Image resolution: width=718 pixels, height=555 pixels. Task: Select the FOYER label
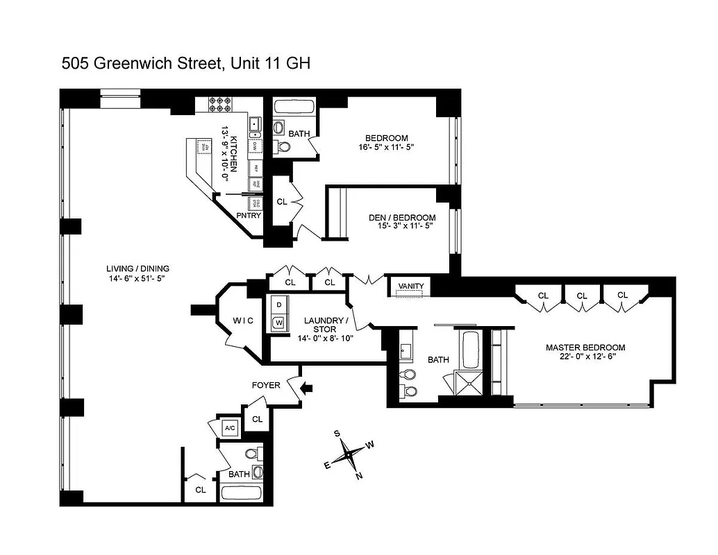(266, 385)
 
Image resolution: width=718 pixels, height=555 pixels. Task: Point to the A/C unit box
(230, 428)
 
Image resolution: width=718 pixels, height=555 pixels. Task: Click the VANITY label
(411, 286)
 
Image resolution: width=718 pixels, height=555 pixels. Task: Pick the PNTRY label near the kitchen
(249, 216)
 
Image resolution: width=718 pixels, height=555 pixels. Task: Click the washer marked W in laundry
(278, 322)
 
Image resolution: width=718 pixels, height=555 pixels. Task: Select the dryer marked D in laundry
(278, 305)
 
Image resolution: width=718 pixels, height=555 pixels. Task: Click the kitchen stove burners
(220, 104)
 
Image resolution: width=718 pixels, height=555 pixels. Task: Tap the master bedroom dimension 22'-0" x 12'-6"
(585, 357)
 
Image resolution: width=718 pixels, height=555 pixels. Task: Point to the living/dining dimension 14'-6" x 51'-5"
(137, 278)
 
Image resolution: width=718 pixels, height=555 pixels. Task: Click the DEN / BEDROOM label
(402, 217)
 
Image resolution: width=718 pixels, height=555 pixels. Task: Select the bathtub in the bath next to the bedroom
(292, 107)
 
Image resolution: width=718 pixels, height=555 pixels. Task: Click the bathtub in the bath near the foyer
(241, 493)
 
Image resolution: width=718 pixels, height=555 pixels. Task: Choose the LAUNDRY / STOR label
(325, 325)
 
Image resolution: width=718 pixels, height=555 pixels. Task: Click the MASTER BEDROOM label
(585, 348)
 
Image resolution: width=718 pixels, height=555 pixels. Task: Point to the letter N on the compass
(359, 476)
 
